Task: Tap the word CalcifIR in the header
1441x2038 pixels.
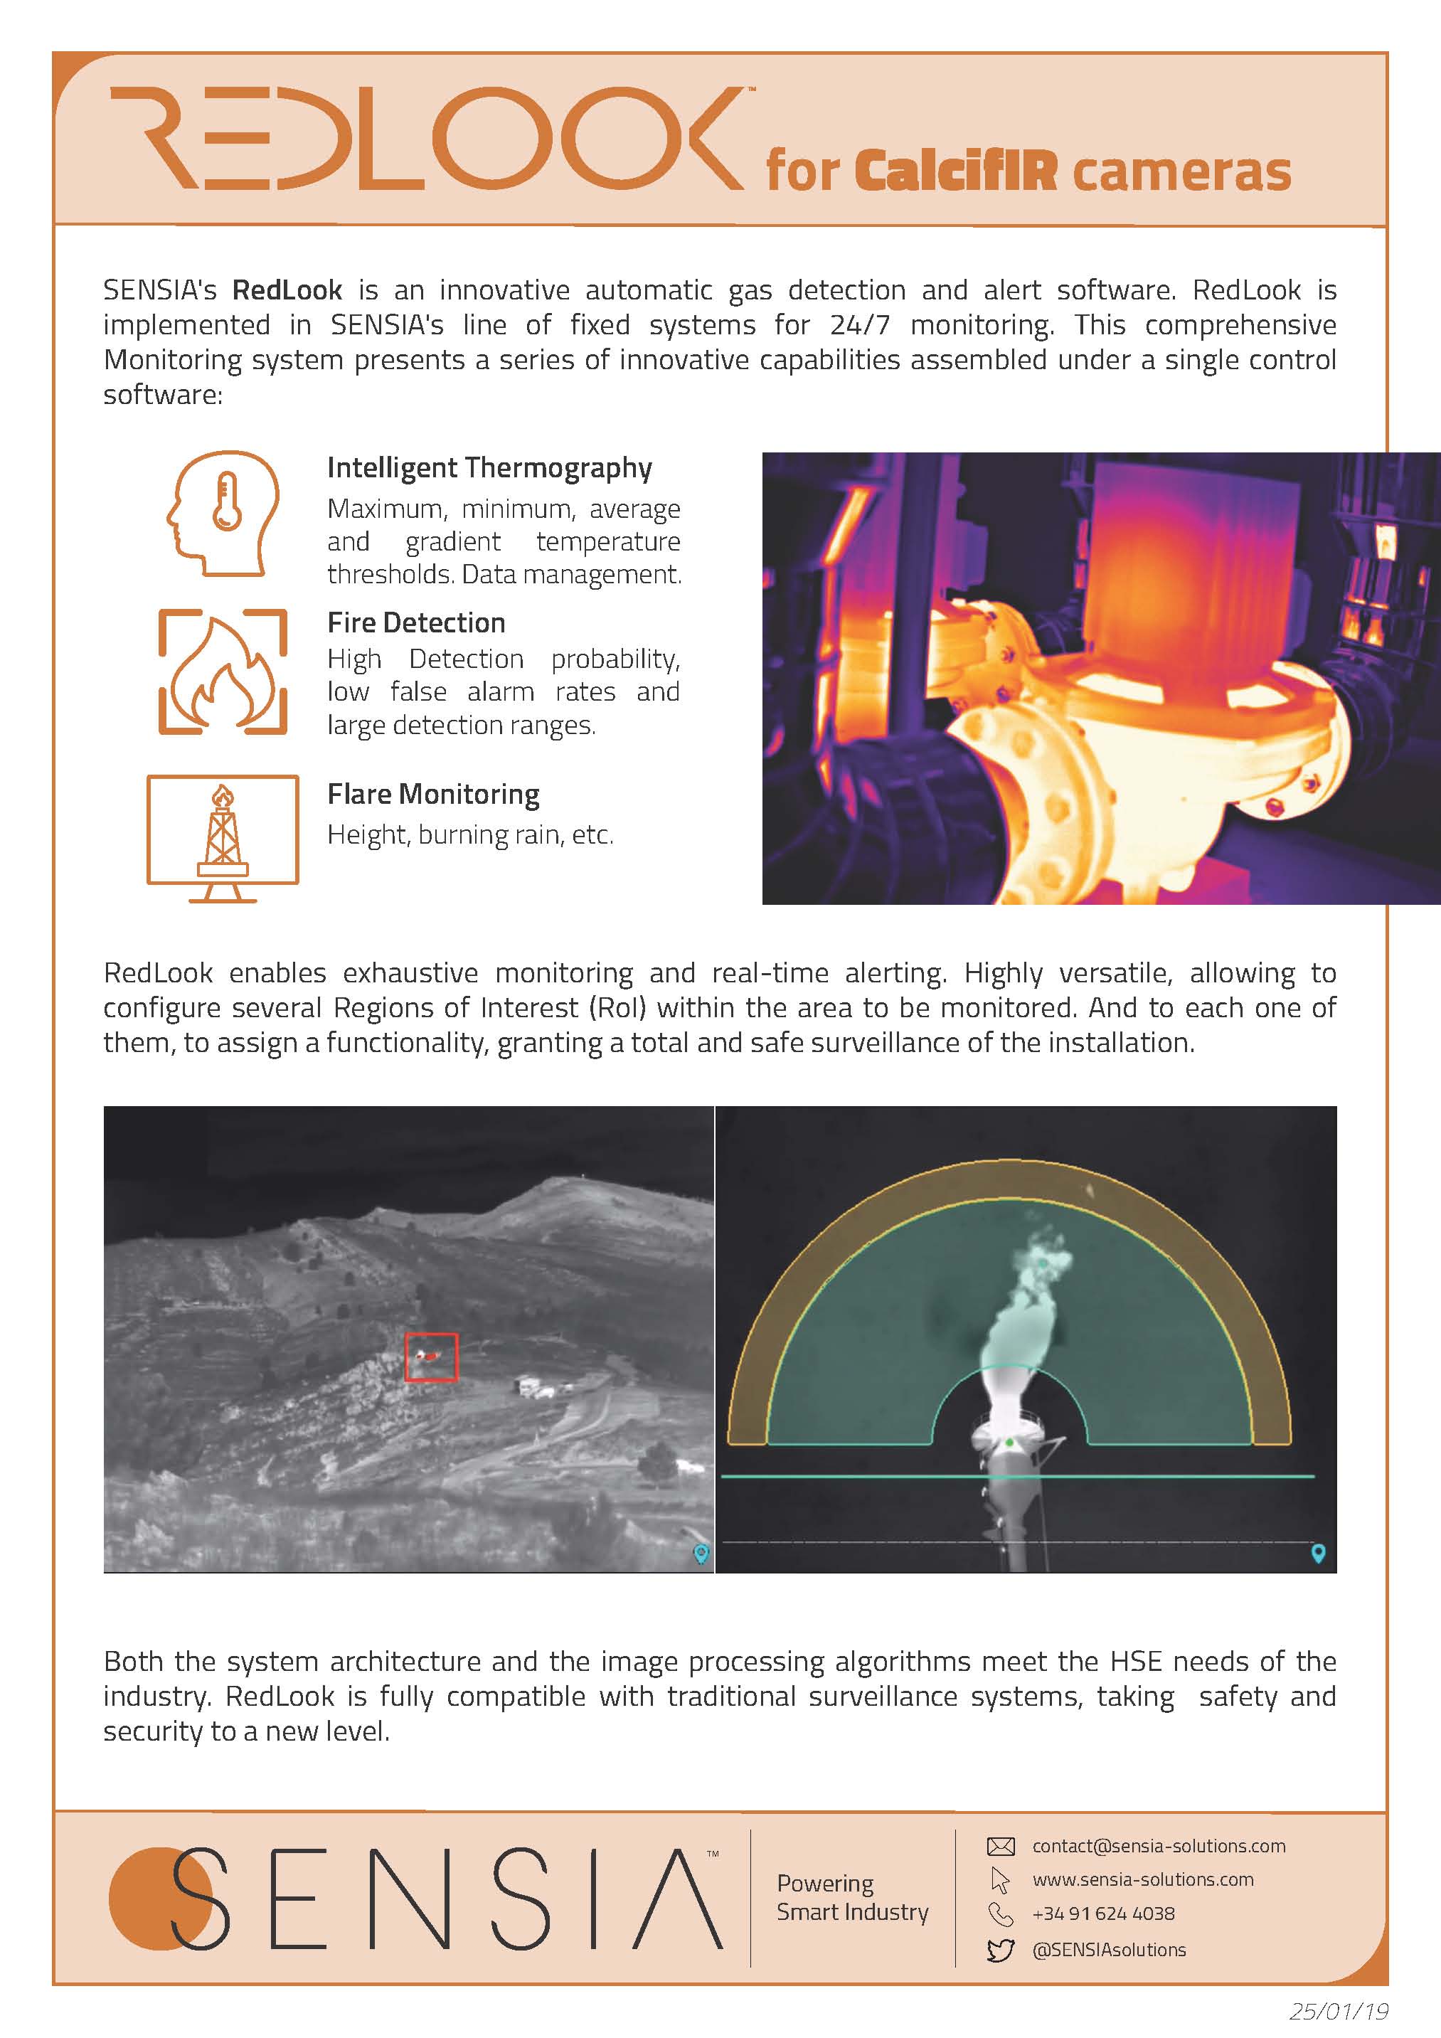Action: point(957,171)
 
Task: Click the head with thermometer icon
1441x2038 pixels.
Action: point(223,513)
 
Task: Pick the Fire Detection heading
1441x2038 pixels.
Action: point(416,622)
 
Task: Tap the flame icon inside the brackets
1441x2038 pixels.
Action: point(223,672)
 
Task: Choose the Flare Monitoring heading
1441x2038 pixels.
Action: point(433,794)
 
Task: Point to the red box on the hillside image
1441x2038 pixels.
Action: point(431,1357)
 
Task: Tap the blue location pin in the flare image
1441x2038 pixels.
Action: point(1318,1552)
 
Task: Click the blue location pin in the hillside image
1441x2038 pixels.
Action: point(701,1552)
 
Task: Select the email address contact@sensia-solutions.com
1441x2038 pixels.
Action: point(1158,1845)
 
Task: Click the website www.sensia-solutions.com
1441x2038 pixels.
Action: point(1143,1879)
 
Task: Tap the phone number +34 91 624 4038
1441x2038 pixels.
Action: point(1103,1913)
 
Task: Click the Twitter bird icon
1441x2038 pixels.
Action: point(1000,1950)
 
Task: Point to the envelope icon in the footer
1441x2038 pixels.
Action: point(1000,1846)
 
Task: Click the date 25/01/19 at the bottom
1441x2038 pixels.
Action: point(1338,2010)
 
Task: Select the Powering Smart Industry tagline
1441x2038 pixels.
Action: point(852,1897)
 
